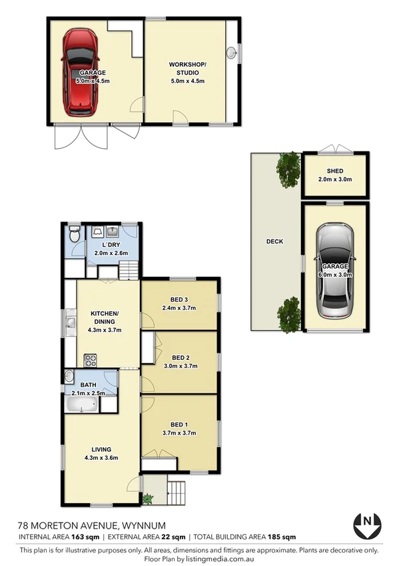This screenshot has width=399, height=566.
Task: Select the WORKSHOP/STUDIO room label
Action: (187, 68)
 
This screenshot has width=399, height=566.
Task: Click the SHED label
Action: (334, 170)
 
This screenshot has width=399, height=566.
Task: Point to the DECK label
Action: (274, 242)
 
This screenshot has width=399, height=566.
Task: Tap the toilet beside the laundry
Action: (75, 236)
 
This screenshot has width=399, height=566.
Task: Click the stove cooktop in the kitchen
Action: (91, 360)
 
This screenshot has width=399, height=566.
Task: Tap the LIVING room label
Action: (102, 449)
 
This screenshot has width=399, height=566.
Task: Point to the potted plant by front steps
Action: (148, 497)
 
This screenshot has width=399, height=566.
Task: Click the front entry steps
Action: (176, 493)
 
